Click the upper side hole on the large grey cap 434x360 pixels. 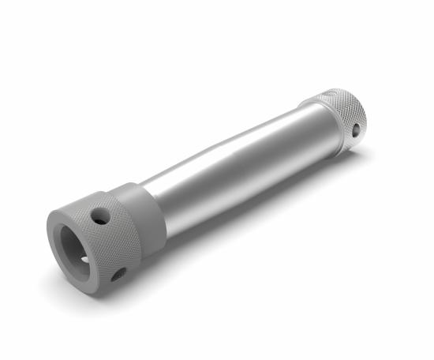pyautogui.click(x=100, y=216)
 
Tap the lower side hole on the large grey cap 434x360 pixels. pyautogui.click(x=118, y=274)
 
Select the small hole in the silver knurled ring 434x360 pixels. pyautogui.click(x=356, y=128)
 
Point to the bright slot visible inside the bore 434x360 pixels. pyautogui.click(x=84, y=258)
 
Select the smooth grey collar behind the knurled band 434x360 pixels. pyautogui.click(x=146, y=217)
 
